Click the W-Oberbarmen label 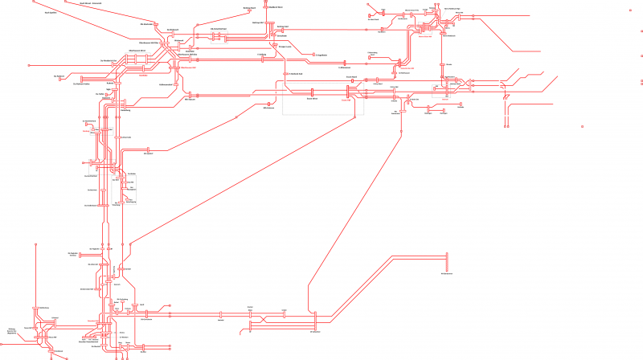(446, 274)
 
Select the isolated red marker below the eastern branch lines (582, 126)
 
